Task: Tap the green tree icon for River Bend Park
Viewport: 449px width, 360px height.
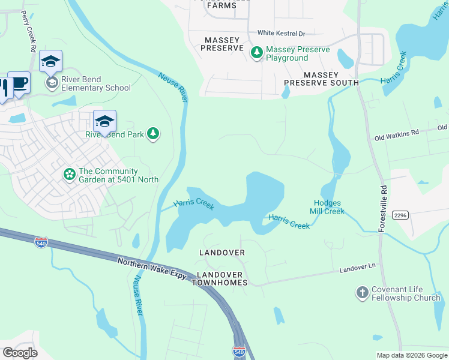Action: tap(154, 134)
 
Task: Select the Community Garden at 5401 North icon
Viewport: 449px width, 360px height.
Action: tap(70, 175)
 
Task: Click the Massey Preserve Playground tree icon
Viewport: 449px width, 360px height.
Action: tap(257, 53)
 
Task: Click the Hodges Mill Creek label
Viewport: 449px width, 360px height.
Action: tap(327, 207)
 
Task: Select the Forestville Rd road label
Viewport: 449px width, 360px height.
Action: tap(381, 213)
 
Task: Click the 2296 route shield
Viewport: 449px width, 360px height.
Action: tap(400, 215)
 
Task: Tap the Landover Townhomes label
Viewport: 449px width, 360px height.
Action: tap(221, 278)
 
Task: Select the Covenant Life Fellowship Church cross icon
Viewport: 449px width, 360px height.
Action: tap(362, 293)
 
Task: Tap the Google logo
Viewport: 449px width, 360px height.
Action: tap(20, 352)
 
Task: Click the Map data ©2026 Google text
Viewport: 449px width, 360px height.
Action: tap(411, 355)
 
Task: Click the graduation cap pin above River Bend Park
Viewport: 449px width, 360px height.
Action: tap(104, 121)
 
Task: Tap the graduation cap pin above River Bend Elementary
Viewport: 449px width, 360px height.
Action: tap(51, 61)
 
